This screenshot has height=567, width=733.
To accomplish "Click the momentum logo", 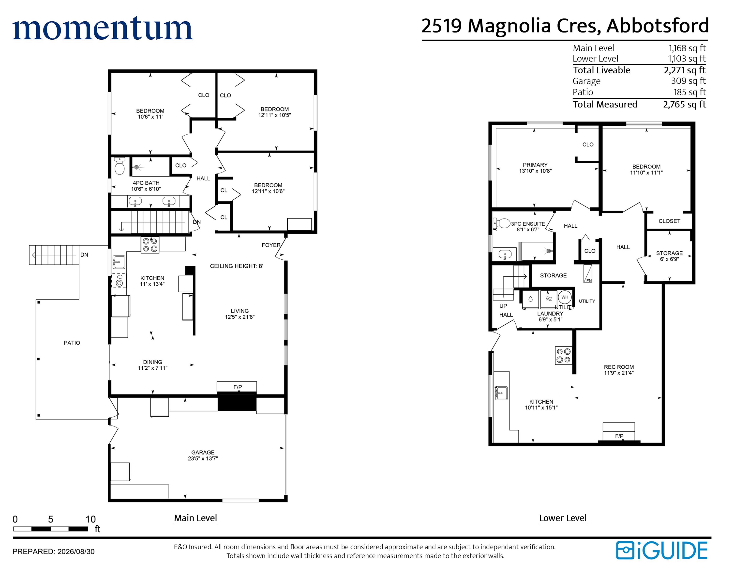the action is click(x=103, y=29).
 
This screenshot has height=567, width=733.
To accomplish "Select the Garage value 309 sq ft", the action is click(x=688, y=81).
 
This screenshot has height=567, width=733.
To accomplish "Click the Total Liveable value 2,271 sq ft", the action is click(x=685, y=70).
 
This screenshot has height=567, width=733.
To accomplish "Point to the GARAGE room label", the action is click(x=203, y=453).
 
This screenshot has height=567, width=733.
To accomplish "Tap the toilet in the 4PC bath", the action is click(x=120, y=166).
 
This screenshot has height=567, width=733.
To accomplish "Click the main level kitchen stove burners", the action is click(x=150, y=245).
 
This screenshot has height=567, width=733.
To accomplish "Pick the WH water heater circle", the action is click(x=565, y=297).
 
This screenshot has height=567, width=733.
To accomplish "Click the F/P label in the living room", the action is click(x=237, y=387).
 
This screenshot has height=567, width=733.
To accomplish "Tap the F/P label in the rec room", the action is click(x=619, y=436).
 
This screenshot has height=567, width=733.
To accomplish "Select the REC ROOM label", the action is click(x=619, y=367).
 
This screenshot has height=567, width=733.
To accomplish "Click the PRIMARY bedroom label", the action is click(x=535, y=165).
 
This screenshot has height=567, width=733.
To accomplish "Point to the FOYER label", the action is click(x=271, y=245).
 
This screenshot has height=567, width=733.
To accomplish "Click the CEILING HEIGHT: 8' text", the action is click(x=237, y=266).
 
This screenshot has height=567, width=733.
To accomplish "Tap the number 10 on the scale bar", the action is click(x=91, y=519).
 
